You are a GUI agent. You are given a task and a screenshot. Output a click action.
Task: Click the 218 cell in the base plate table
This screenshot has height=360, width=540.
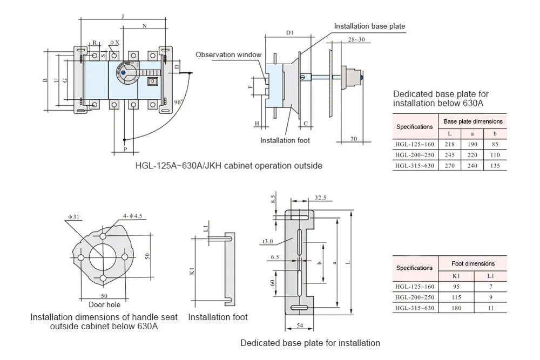(449, 144)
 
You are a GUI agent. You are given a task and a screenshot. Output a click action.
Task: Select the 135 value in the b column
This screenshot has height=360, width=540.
(495, 166)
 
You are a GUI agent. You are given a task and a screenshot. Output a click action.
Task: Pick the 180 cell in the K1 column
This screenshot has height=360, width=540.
(456, 308)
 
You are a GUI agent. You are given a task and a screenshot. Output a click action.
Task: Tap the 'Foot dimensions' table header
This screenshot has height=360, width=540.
(473, 263)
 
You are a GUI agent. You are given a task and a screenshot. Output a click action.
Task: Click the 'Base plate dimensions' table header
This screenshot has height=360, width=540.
(473, 121)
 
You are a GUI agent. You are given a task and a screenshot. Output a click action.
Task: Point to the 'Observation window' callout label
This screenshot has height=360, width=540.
(228, 55)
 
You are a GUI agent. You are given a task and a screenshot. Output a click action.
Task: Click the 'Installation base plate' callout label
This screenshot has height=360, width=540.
(369, 26)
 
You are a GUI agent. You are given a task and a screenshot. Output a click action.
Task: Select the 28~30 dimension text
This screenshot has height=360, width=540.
(356, 39)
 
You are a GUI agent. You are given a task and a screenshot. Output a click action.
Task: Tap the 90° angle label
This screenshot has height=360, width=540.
(178, 102)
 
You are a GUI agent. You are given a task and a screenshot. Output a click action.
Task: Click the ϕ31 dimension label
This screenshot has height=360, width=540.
(73, 217)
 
